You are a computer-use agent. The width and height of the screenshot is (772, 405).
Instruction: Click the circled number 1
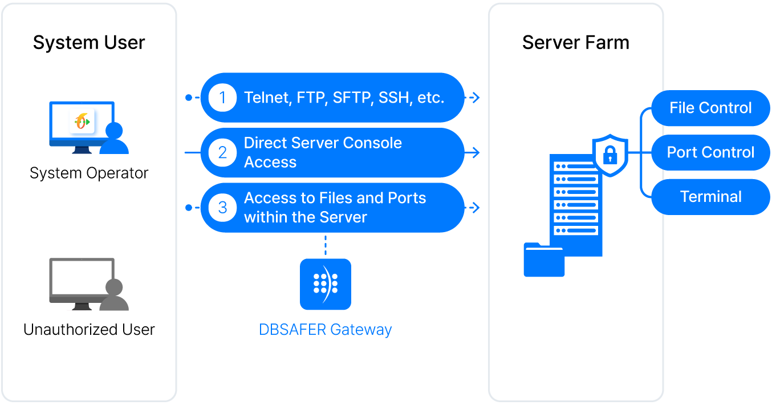pyautogui.click(x=222, y=98)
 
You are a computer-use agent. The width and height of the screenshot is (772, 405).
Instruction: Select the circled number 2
pyautogui.click(x=222, y=153)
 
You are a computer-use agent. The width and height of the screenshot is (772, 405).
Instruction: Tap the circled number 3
pyautogui.click(x=222, y=208)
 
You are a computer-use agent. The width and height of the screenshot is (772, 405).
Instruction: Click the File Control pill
pyautogui.click(x=710, y=108)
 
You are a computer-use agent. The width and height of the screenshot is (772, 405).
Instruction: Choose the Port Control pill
pyautogui.click(x=710, y=152)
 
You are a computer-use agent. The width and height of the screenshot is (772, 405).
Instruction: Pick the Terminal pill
pyautogui.click(x=710, y=197)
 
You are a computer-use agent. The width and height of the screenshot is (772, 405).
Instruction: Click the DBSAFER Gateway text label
pyautogui.click(x=326, y=330)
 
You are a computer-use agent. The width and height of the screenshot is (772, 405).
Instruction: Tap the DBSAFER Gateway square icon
pyautogui.click(x=326, y=284)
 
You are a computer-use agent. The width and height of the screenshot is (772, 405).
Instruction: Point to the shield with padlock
pyautogui.click(x=610, y=155)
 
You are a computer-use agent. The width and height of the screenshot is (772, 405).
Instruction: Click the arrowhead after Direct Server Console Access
pyautogui.click(x=476, y=153)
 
